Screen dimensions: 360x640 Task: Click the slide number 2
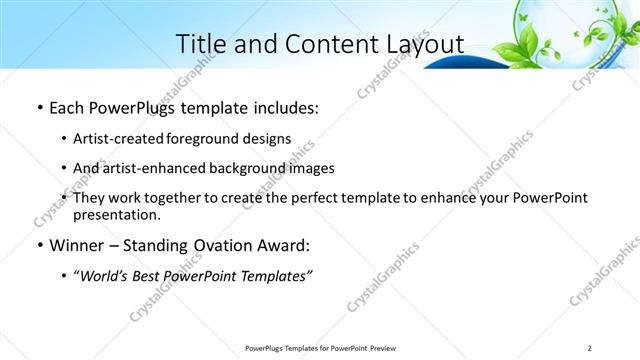click(x=590, y=347)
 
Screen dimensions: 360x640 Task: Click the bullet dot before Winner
click(x=38, y=245)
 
